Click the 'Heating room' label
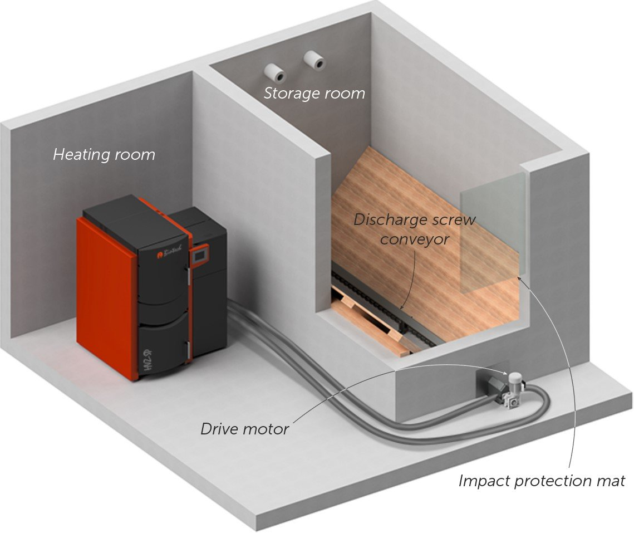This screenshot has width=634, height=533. [x=104, y=154]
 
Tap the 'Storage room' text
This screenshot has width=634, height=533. [x=314, y=94]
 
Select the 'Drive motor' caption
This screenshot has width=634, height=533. [x=245, y=429]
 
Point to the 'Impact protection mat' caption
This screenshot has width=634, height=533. [x=542, y=481]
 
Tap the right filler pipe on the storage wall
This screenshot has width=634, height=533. [x=316, y=61]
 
